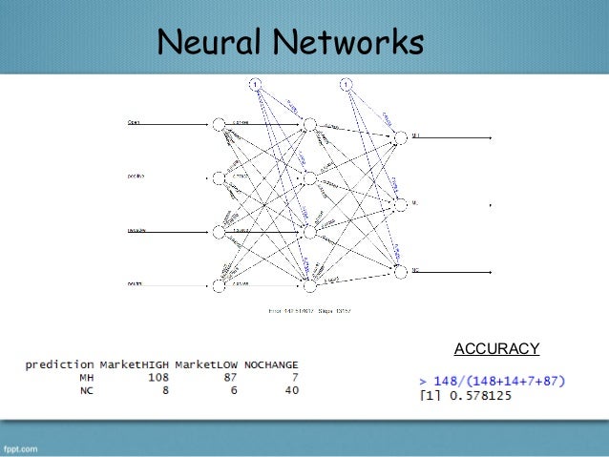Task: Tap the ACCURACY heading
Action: [496, 348]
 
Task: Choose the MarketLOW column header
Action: [207, 364]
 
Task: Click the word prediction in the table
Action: [59, 364]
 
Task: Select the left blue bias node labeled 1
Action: [255, 84]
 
